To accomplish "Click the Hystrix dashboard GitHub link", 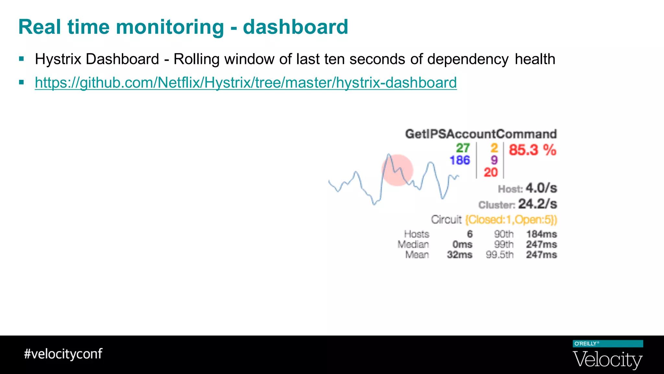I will tap(246, 82).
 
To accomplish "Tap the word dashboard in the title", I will tap(295, 27).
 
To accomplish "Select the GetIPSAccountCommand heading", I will tap(481, 134).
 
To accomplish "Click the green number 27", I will tap(463, 148).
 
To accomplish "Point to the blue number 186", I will tap(459, 160).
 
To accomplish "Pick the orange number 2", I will tap(494, 148).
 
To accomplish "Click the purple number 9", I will tap(494, 160).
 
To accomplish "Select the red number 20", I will tap(491, 172).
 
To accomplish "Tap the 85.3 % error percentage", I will tap(532, 150).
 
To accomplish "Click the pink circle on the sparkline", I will tap(397, 170).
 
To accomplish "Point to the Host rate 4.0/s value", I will tap(541, 188).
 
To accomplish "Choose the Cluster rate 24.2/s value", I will tap(537, 204).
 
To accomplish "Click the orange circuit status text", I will tap(511, 220).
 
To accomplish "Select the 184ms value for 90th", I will tap(541, 234).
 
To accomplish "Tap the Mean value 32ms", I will tap(459, 255).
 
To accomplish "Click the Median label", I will tap(413, 244).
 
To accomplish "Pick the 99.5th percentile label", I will tap(500, 255).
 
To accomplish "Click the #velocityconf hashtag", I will tap(63, 354).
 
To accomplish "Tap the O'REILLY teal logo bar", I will tap(608, 344).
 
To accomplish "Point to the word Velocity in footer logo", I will tap(608, 360).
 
